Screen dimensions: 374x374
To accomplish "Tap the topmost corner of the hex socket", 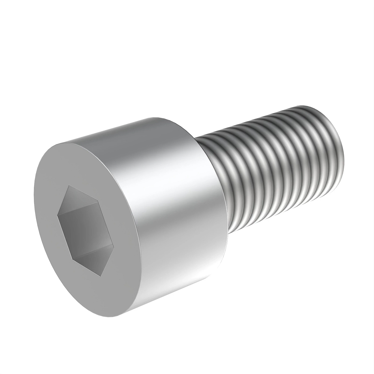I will (x=69, y=186).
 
